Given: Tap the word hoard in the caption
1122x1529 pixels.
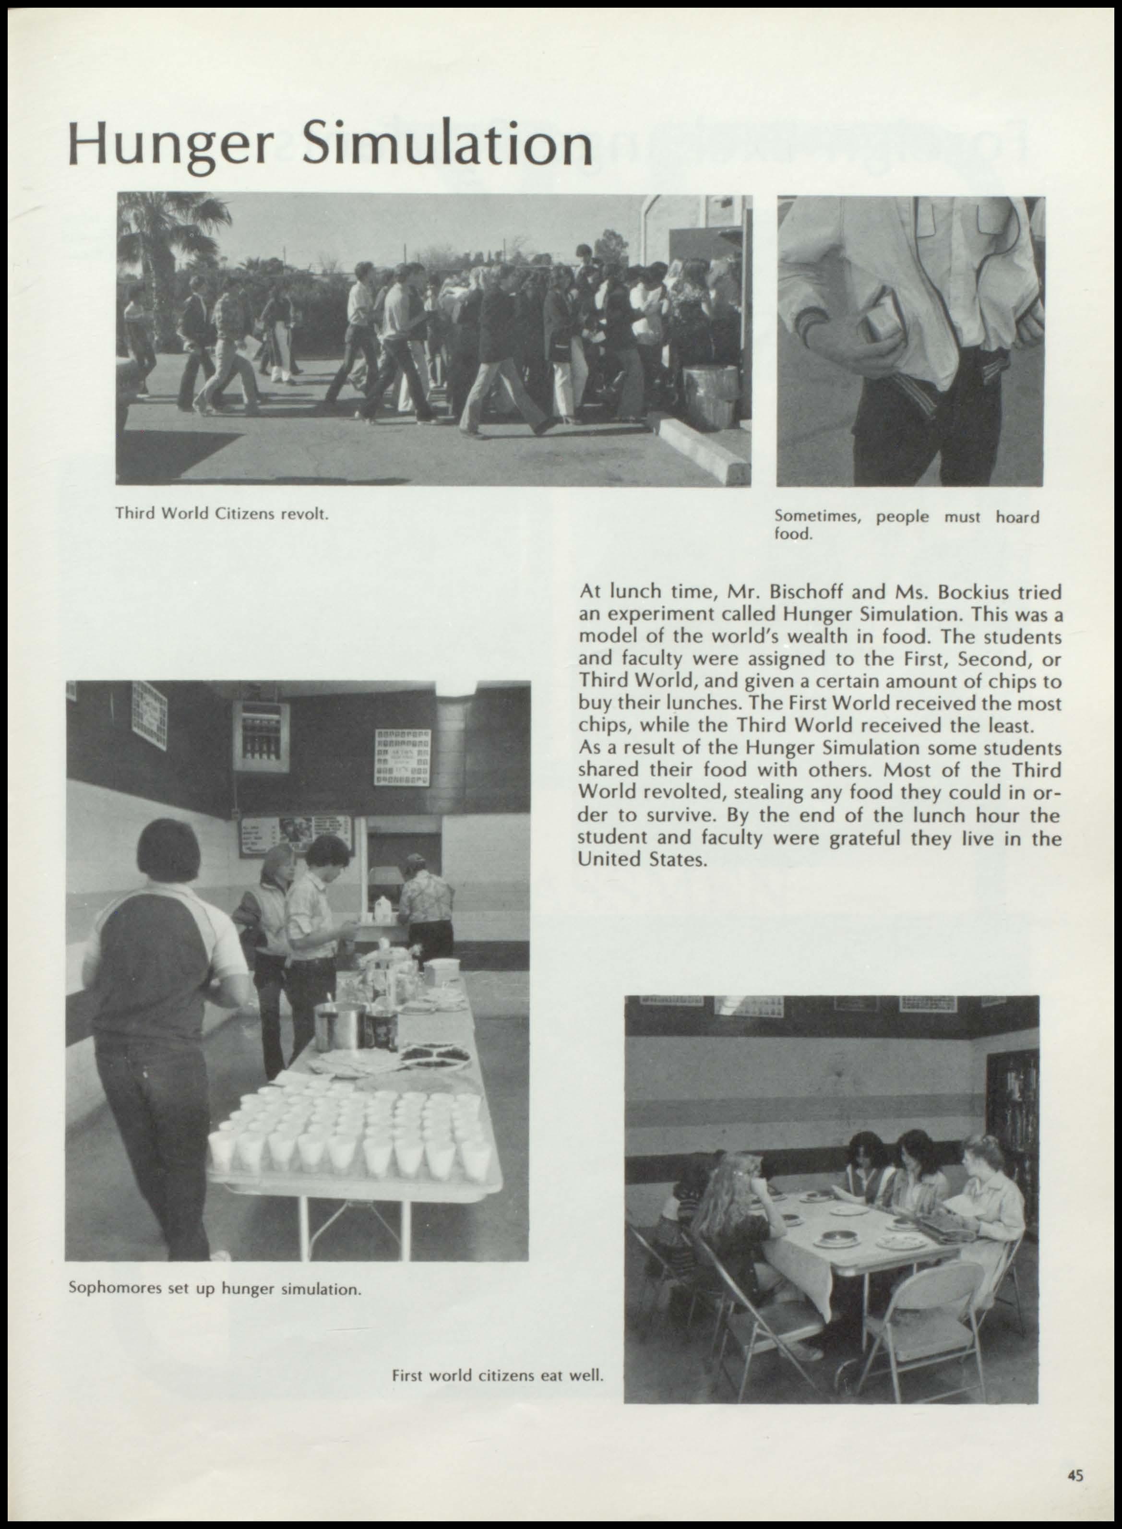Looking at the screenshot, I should (1017, 517).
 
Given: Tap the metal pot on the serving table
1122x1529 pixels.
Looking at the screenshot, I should (339, 1024).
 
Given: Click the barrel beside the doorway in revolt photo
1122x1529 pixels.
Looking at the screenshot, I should (710, 396).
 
